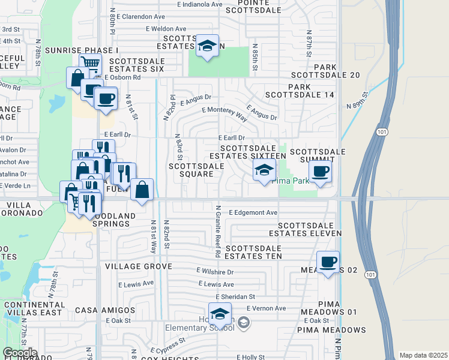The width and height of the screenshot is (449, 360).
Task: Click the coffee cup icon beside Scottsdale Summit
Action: (x=321, y=172)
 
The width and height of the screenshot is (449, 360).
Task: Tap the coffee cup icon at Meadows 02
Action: (x=328, y=262)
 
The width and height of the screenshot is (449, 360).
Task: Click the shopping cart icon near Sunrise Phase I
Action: (x=89, y=62)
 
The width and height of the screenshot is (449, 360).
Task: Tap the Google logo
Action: (x=19, y=353)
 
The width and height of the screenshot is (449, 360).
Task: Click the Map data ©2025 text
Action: (x=423, y=355)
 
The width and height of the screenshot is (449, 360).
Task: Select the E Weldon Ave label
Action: (x=166, y=29)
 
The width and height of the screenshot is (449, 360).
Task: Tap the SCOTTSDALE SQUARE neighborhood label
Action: (x=191, y=170)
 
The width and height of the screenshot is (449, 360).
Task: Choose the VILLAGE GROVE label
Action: (x=139, y=266)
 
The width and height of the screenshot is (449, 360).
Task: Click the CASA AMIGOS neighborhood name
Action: (x=105, y=310)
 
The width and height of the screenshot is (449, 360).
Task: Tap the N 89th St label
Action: (x=357, y=100)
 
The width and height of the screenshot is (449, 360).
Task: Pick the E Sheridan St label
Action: (x=235, y=296)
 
